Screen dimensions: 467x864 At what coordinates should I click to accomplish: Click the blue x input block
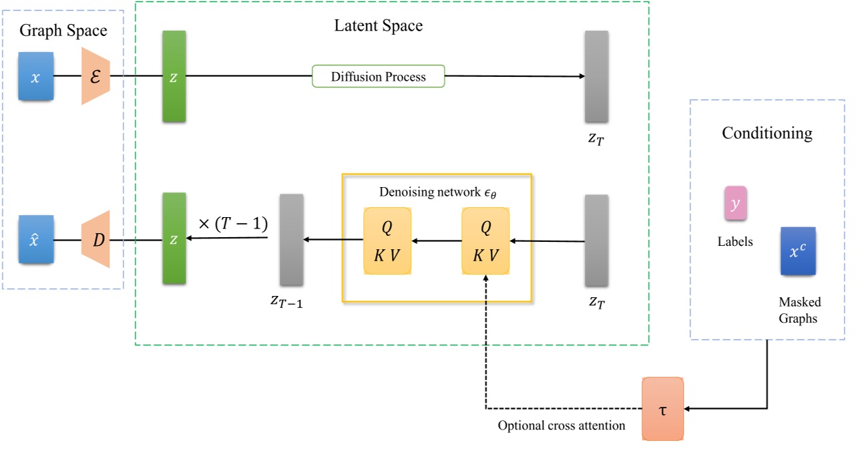click(x=36, y=77)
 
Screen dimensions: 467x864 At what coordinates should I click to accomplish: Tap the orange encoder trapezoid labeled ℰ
click(x=95, y=76)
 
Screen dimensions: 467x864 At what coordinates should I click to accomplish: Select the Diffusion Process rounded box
click(x=378, y=76)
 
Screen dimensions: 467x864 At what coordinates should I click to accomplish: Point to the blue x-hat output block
click(x=36, y=239)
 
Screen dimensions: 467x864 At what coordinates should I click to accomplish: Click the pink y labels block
click(x=735, y=204)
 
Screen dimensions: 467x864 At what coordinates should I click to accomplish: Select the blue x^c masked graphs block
click(x=798, y=251)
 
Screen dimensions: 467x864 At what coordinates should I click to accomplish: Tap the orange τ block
click(x=663, y=408)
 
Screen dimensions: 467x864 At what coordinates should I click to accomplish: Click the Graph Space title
click(x=63, y=31)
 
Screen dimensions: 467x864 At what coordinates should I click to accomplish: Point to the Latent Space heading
click(x=379, y=26)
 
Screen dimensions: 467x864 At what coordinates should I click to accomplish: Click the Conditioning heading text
click(x=767, y=133)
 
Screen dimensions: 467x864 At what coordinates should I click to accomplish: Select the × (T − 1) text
click(x=234, y=225)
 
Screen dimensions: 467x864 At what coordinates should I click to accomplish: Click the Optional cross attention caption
click(x=562, y=426)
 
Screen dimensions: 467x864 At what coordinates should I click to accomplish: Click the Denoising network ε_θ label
click(x=438, y=192)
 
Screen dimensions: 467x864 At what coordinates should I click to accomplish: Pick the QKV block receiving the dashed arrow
click(x=485, y=241)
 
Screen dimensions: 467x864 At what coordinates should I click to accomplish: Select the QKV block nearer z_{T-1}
click(x=387, y=241)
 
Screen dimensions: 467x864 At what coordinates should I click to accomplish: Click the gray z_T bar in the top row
click(x=596, y=76)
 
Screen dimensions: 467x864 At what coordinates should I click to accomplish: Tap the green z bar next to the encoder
click(x=174, y=76)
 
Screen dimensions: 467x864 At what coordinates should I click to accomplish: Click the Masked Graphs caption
click(x=799, y=310)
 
